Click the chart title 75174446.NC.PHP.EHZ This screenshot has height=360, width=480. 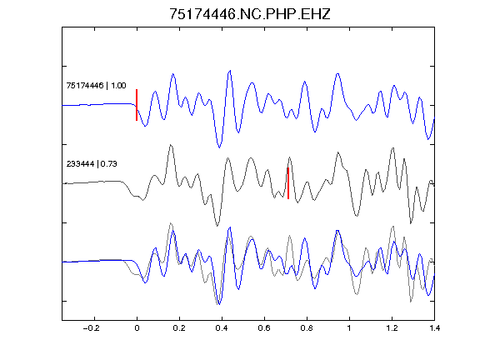click(250, 14)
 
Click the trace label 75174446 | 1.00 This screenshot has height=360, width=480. click(96, 85)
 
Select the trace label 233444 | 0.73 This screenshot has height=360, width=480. click(92, 164)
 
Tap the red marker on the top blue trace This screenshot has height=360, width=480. click(137, 105)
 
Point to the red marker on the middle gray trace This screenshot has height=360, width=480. click(288, 183)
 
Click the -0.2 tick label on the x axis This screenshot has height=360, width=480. click(92, 328)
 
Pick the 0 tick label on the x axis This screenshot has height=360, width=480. click(137, 328)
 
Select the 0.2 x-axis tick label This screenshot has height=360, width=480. click(179, 328)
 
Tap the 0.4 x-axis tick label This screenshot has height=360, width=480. click(222, 328)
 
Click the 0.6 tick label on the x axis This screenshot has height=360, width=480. click(264, 328)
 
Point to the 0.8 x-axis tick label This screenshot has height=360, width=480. click(307, 328)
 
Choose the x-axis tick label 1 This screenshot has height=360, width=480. click(349, 328)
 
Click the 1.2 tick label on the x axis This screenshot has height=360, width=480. click(392, 328)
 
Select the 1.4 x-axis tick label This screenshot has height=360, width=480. click(434, 328)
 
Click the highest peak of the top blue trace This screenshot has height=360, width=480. click(230, 71)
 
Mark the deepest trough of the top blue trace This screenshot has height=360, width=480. click(219, 147)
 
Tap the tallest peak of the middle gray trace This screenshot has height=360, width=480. click(171, 145)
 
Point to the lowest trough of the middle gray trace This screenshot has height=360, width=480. click(217, 226)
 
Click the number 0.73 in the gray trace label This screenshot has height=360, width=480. click(108, 164)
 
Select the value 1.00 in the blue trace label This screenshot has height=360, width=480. click(118, 85)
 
